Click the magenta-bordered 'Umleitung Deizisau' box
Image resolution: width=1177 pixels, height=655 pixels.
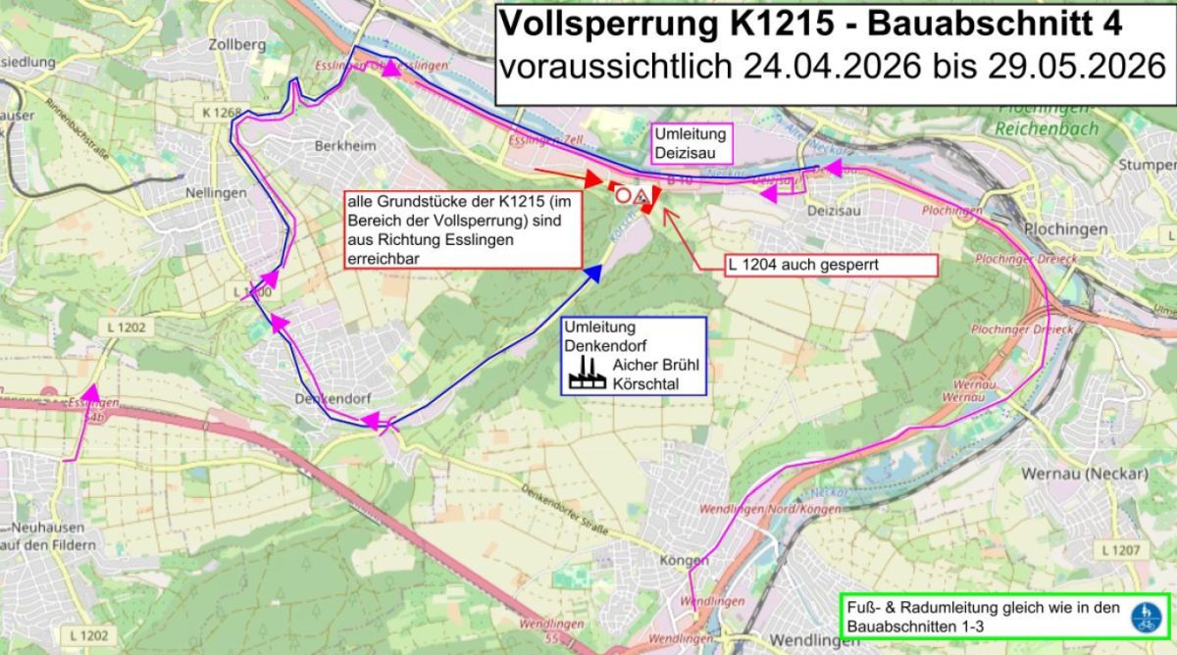click(692, 143)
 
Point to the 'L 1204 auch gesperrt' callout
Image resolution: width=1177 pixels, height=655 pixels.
click(830, 265)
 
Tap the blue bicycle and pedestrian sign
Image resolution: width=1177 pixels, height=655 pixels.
click(1144, 617)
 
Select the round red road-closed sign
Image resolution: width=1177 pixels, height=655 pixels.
click(623, 195)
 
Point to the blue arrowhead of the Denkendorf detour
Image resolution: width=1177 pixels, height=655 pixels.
click(592, 274)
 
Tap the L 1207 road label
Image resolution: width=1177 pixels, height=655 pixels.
click(1119, 549)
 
